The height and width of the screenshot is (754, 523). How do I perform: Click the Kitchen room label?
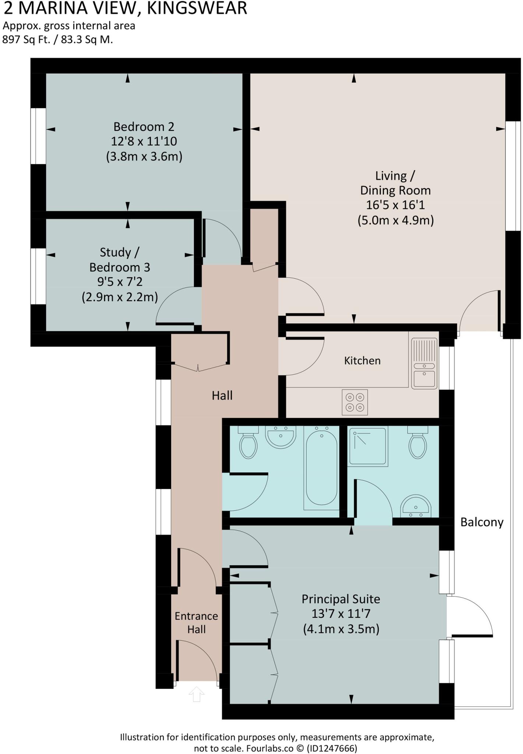click(x=362, y=360)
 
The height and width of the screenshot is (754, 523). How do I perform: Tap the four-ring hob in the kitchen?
click(x=355, y=402)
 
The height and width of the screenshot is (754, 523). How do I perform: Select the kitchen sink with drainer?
click(x=424, y=363)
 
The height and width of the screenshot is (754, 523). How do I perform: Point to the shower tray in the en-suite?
click(x=368, y=446)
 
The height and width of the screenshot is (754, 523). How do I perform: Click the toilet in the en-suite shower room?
click(x=417, y=443)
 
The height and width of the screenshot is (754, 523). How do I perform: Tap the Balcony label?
click(x=482, y=522)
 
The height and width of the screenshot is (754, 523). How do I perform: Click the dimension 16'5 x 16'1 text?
click(x=395, y=205)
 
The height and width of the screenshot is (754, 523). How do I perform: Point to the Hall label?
click(x=222, y=395)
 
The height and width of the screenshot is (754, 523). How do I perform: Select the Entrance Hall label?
click(x=196, y=623)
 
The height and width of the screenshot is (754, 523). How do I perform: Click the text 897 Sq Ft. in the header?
click(x=26, y=39)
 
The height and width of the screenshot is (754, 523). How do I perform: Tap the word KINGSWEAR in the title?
click(x=197, y=8)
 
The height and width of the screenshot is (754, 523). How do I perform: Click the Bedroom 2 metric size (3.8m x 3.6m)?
click(x=144, y=156)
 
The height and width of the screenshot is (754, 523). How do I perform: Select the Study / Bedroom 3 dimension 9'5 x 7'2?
click(x=120, y=282)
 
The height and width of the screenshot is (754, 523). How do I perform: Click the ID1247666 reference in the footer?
click(x=332, y=748)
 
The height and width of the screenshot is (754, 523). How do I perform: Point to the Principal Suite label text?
click(x=341, y=599)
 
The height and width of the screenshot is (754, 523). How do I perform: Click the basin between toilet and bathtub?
click(x=281, y=437)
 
